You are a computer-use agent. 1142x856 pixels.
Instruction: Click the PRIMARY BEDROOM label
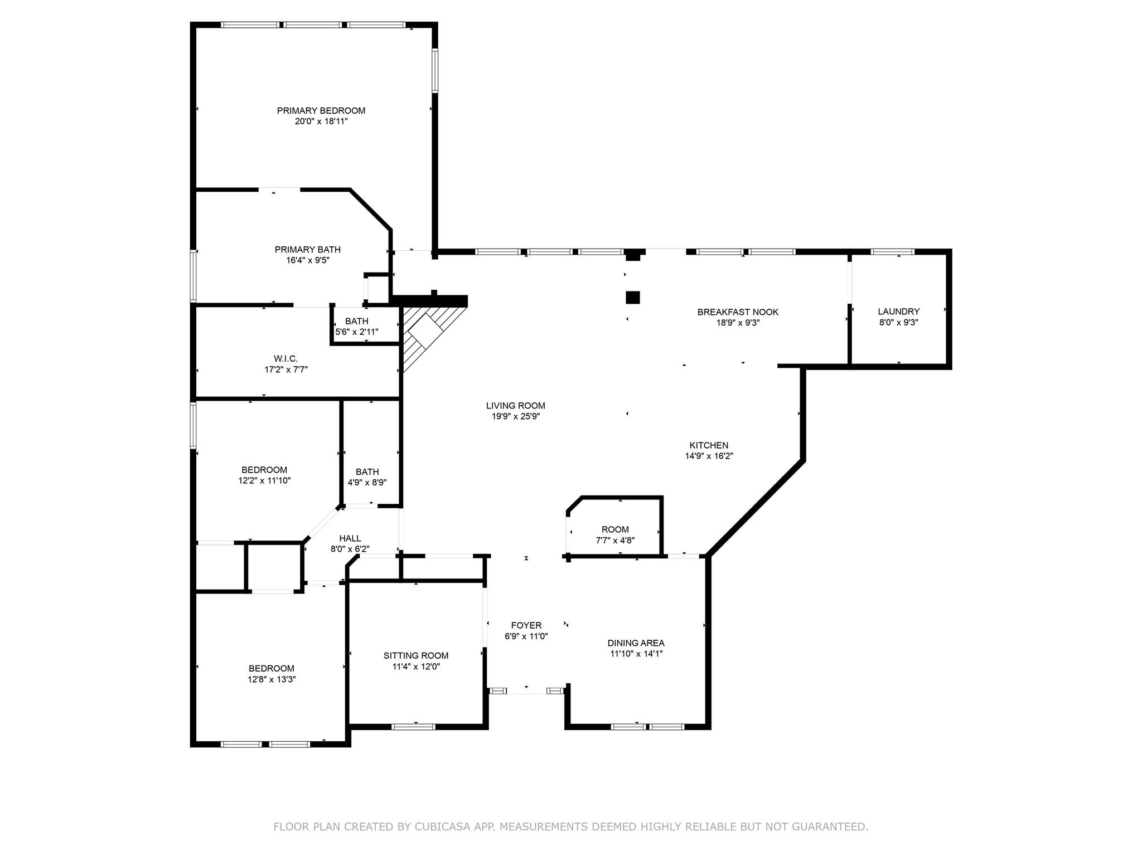click(321, 111)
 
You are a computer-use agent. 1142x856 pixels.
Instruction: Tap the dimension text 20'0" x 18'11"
click(321, 121)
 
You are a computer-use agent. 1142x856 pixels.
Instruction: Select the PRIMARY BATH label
click(308, 250)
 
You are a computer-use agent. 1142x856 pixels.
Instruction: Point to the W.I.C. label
click(286, 359)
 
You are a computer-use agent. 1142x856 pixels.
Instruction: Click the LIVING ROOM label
click(516, 406)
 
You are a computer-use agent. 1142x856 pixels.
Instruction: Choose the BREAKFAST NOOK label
click(738, 312)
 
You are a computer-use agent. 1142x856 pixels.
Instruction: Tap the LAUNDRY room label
click(899, 312)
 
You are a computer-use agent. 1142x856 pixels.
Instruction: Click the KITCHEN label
click(709, 445)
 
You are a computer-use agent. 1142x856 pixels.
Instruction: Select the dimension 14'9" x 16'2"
click(709, 456)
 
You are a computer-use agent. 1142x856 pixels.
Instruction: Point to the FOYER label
click(526, 626)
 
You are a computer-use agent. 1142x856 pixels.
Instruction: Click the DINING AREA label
click(636, 643)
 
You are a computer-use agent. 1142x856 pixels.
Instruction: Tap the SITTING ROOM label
click(416, 656)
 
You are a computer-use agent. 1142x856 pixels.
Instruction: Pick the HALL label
click(350, 538)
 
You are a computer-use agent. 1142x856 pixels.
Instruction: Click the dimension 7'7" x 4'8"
click(615, 540)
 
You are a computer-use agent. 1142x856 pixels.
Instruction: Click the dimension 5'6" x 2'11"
click(357, 332)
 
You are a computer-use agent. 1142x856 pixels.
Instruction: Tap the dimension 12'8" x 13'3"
click(272, 679)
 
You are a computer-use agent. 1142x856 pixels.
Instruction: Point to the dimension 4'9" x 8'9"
click(367, 483)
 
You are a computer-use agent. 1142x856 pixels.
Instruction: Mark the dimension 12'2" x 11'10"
click(264, 480)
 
